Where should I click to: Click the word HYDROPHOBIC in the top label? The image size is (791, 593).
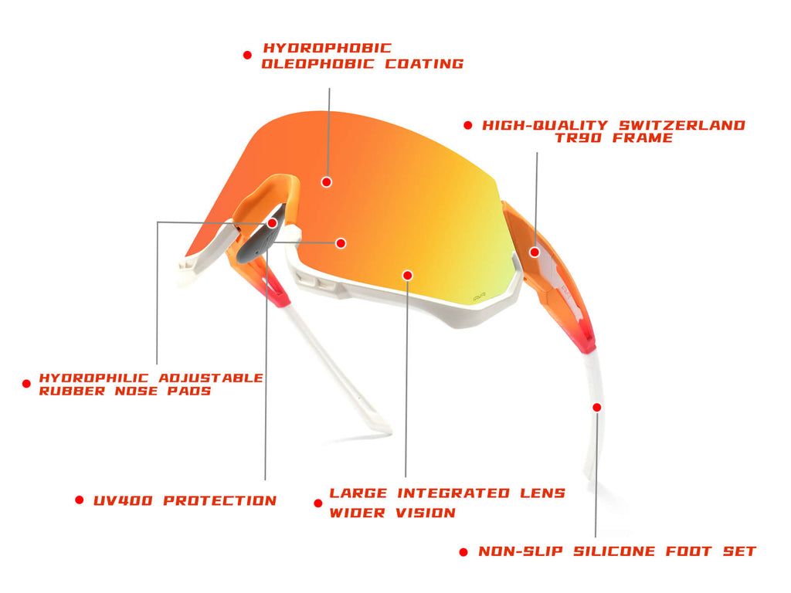coord(327,48)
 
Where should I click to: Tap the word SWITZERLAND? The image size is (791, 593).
coord(682,125)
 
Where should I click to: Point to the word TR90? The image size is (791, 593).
coord(578,137)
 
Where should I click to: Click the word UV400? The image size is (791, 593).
coord(123,500)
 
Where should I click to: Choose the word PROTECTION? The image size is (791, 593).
coord(220,500)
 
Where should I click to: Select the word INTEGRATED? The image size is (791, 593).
coord(453,493)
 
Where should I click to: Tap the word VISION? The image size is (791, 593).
coord(426,513)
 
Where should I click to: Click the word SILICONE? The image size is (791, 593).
coord(614,551)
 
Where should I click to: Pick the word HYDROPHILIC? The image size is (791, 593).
coord(93,378)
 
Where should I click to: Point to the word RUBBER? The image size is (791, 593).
coord(72,391)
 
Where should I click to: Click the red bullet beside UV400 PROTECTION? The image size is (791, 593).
coord(80,500)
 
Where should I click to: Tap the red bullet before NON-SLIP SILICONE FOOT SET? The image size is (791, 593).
coord(463,552)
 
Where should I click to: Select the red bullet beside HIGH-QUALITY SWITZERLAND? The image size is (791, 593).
coord(468,125)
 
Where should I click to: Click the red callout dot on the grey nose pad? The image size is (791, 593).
coord(273,223)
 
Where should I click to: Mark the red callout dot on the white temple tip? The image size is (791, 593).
coord(597,407)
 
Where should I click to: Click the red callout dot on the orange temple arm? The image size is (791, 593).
coord(535,252)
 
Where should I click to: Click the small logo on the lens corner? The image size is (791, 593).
coord(479,299)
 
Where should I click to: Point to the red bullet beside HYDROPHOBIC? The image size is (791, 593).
coord(247,55)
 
